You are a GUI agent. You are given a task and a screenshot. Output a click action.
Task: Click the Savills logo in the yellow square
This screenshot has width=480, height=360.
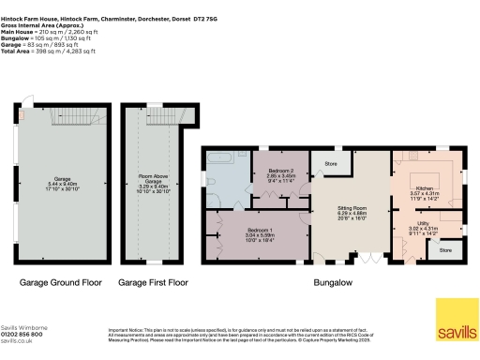pyautogui.click(x=457, y=334)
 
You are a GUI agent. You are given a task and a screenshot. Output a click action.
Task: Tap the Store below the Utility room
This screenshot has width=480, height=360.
pyautogui.click(x=444, y=249)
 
